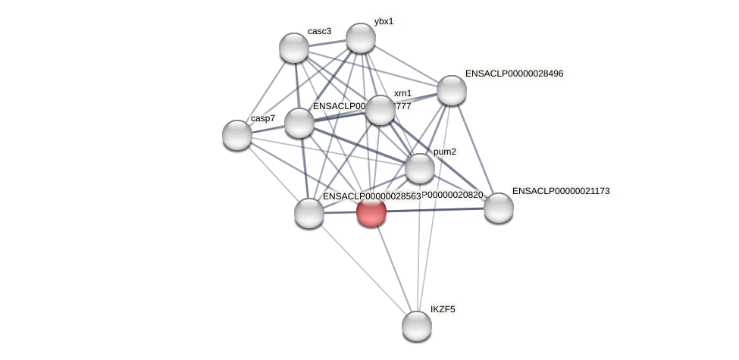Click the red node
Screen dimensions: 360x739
pyautogui.click(x=371, y=211)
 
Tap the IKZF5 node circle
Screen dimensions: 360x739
pyautogui.click(x=416, y=326)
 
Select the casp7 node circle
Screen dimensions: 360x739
pyautogui.click(x=237, y=134)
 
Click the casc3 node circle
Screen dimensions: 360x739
pyautogui.click(x=294, y=48)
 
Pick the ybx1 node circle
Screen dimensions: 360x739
pyautogui.click(x=361, y=38)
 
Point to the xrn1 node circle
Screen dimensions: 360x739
pyautogui.click(x=380, y=110)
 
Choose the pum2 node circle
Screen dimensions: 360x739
pyautogui.click(x=420, y=168)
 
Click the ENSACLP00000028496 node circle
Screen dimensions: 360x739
pyautogui.click(x=452, y=90)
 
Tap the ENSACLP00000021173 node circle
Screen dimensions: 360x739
pyautogui.click(x=498, y=208)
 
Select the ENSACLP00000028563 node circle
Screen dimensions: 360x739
pyautogui.click(x=309, y=213)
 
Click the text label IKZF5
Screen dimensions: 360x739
pyautogui.click(x=443, y=309)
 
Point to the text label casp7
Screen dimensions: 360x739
pyautogui.click(x=263, y=118)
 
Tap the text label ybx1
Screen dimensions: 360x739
pyautogui.click(x=384, y=21)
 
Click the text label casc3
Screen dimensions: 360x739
pyautogui.click(x=319, y=31)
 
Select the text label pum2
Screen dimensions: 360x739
pyautogui.click(x=445, y=152)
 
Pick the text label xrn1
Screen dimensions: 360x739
pyautogui.click(x=402, y=93)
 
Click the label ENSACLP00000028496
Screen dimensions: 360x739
pyautogui.click(x=514, y=74)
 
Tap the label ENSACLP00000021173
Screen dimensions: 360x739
pyautogui.click(x=561, y=191)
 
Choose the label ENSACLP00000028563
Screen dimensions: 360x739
pyautogui.click(x=371, y=196)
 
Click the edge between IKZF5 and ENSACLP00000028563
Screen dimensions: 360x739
pyautogui.click(x=362, y=269)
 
